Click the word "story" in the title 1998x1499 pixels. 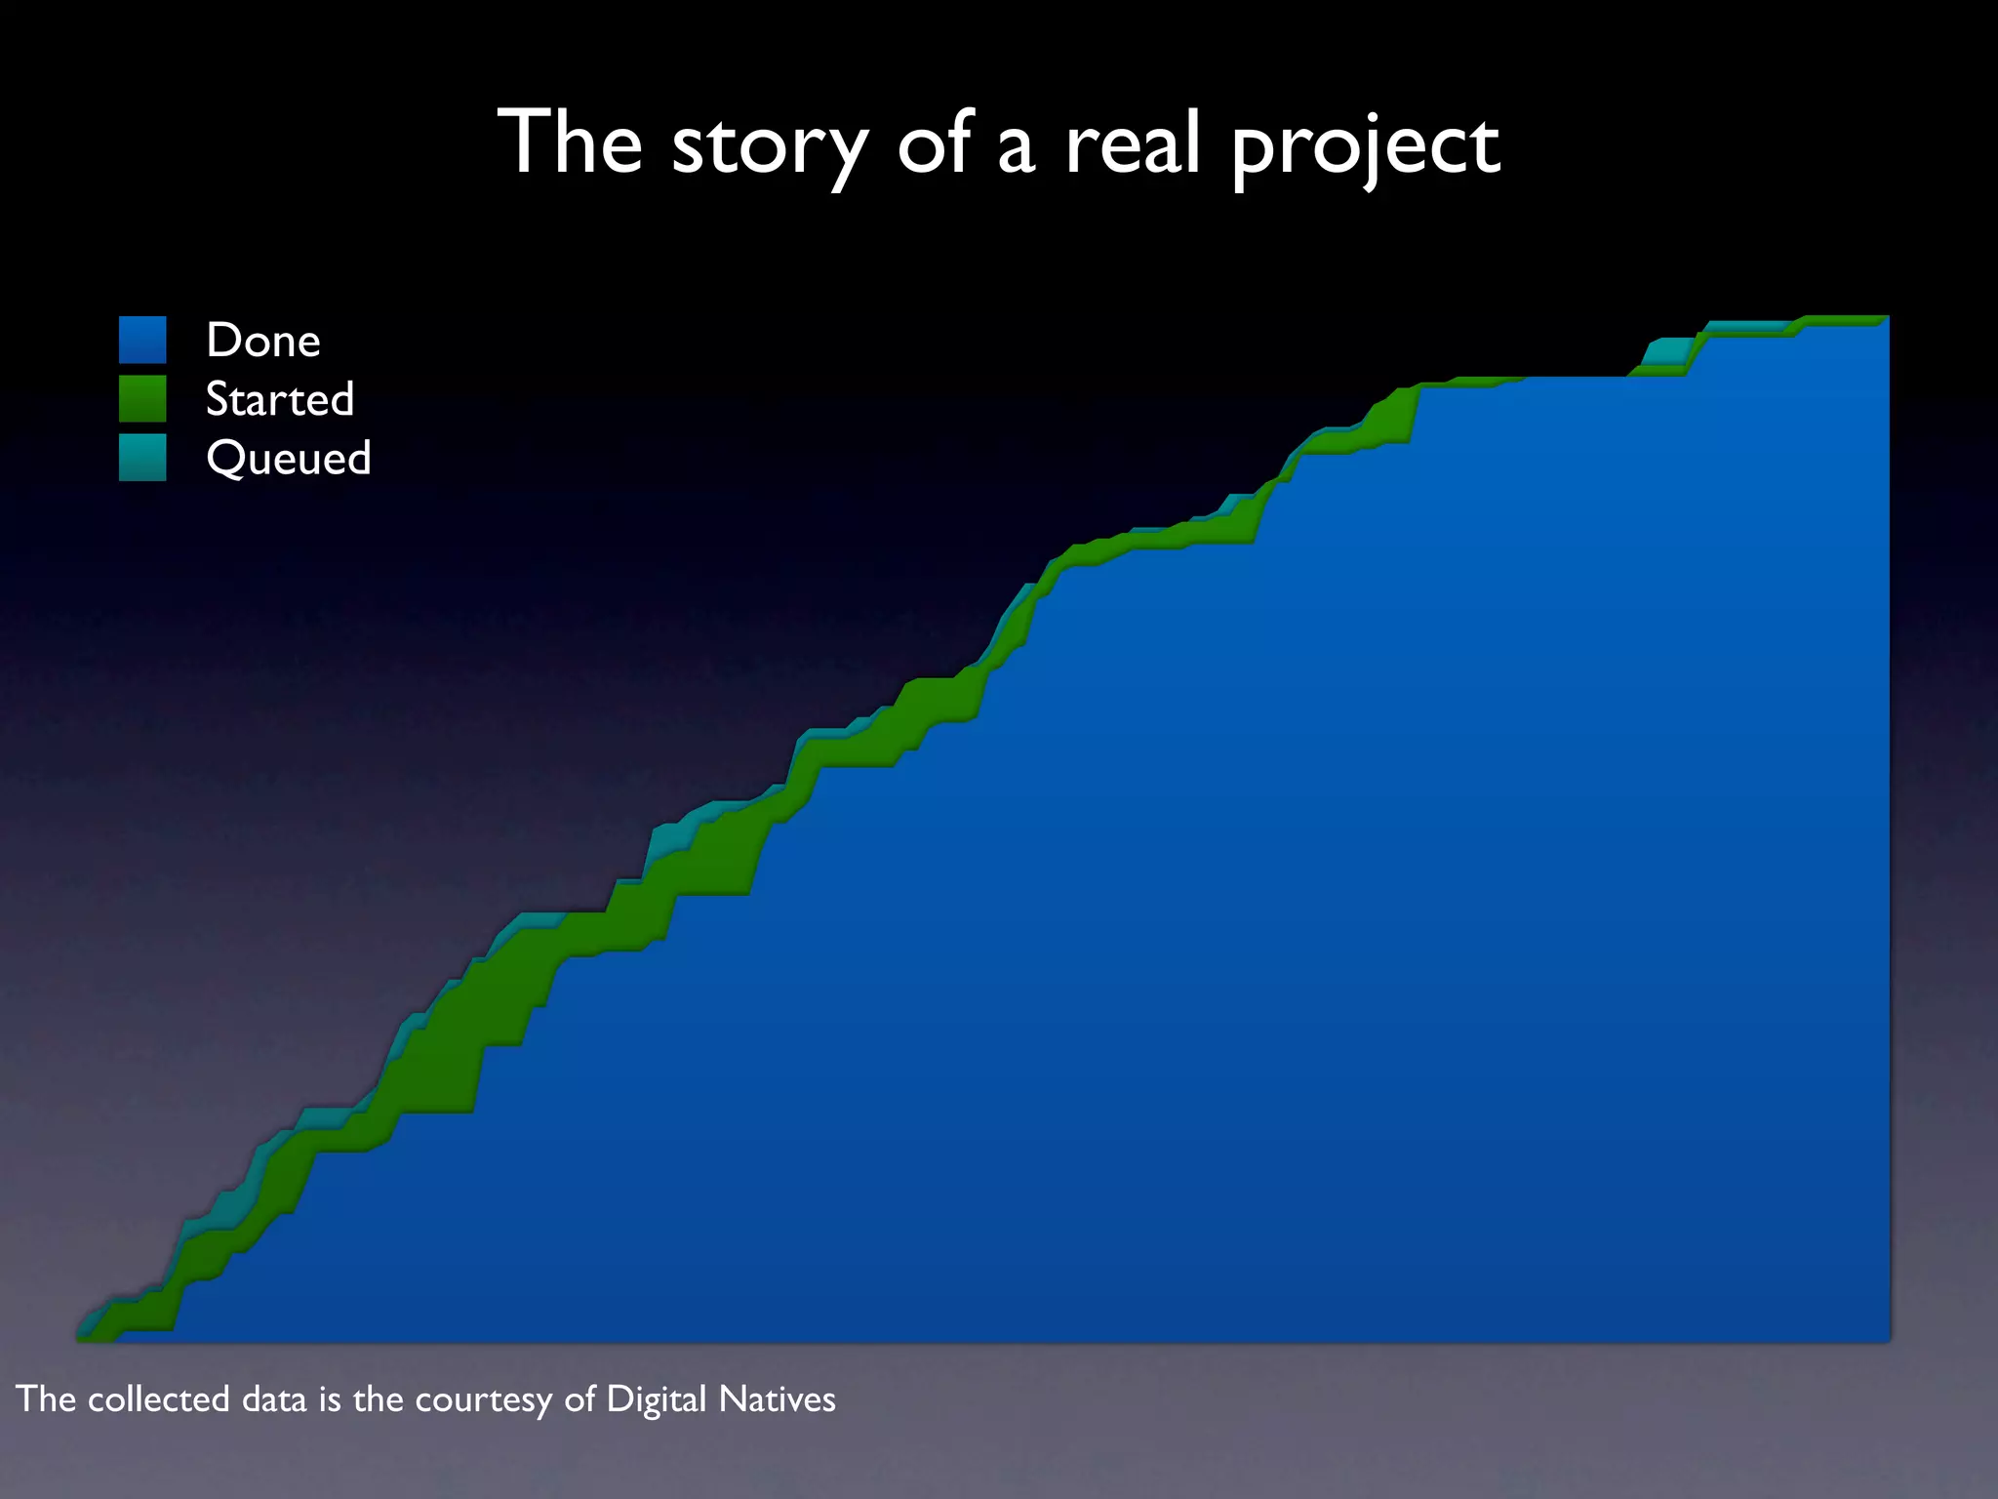pos(769,146)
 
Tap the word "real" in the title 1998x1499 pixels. pos(1132,143)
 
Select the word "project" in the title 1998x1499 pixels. pos(1365,148)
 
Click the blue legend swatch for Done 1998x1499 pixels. pos(142,340)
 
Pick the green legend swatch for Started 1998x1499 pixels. pos(142,398)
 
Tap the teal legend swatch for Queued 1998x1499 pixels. pos(142,457)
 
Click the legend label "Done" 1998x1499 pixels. pos(263,341)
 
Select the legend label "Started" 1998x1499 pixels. pos(280,399)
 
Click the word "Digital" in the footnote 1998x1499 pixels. pos(656,1399)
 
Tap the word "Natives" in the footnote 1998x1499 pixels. pos(777,1399)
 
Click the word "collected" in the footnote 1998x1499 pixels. pos(159,1399)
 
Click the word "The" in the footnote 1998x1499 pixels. pos(46,1399)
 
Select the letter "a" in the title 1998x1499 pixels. pos(1016,148)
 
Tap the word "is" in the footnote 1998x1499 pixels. pos(331,1399)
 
